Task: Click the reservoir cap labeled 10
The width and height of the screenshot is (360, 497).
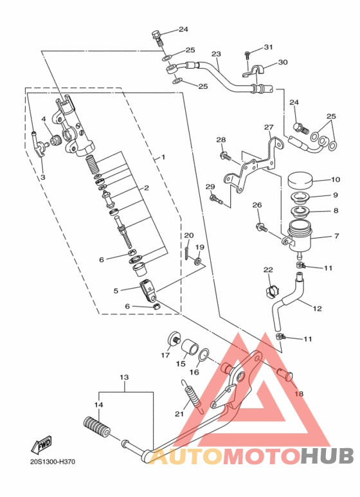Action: coord(300,180)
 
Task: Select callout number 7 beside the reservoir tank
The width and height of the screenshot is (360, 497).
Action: coord(336,236)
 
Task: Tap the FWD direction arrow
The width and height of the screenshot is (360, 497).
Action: coord(41,445)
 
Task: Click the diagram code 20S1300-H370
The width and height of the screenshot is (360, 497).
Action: coord(53,462)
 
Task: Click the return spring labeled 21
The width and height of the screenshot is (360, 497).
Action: coord(193,396)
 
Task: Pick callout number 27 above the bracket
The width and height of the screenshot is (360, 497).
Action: coord(269,127)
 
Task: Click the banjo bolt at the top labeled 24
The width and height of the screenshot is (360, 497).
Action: coord(158,39)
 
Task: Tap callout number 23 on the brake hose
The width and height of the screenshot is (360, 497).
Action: coord(216,54)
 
